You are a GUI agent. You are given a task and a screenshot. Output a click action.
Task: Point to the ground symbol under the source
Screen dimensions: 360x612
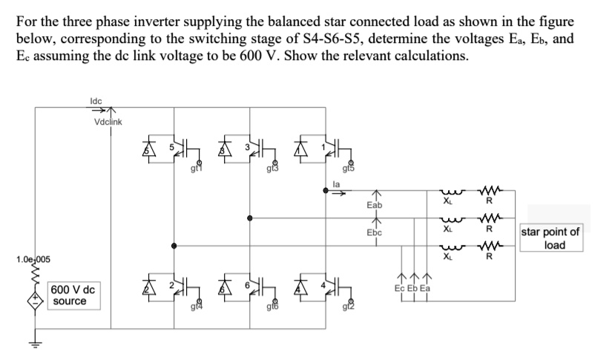[x=34, y=341]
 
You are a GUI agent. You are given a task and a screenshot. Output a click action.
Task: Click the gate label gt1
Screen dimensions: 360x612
[x=195, y=170]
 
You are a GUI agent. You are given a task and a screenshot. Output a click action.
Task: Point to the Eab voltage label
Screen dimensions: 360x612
[x=375, y=204]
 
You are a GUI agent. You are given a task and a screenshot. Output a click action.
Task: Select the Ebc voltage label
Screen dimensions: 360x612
[x=375, y=232]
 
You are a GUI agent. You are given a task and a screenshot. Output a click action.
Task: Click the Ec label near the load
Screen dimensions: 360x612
[x=401, y=288]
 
